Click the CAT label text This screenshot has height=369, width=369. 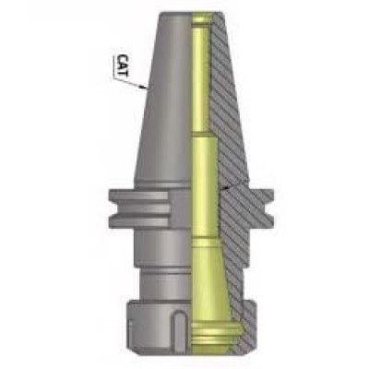[123, 65]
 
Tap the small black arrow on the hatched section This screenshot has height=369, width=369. [225, 187]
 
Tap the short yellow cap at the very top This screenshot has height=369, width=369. [202, 20]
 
